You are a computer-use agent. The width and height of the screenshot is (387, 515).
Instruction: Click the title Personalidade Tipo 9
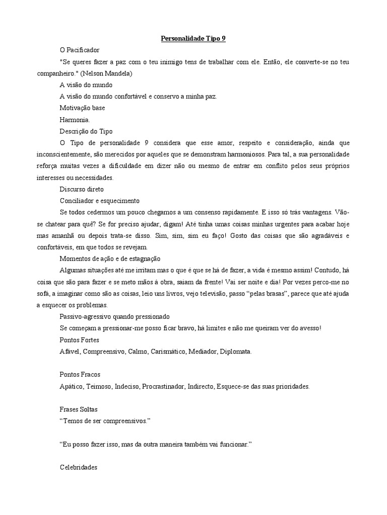(193, 38)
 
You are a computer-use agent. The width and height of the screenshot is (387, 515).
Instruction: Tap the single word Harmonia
(75, 120)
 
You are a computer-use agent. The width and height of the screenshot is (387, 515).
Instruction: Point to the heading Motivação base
(82, 108)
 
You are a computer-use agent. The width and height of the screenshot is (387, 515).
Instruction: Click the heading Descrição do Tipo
(86, 131)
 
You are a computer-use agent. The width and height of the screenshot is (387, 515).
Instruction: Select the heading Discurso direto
(82, 189)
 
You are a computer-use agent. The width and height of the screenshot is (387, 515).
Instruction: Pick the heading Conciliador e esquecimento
(99, 200)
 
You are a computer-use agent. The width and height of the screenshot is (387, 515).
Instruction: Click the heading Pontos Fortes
(80, 339)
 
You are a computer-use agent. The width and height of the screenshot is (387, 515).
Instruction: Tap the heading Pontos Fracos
(80, 375)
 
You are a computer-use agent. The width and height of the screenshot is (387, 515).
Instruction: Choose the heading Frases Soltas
(79, 410)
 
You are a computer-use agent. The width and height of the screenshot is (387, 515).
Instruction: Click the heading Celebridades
(78, 467)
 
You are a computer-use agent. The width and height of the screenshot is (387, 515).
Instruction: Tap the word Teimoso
(99, 386)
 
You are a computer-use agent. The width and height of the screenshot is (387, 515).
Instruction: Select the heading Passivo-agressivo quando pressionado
(114, 316)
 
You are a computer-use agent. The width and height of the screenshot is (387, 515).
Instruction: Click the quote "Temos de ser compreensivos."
(105, 421)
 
